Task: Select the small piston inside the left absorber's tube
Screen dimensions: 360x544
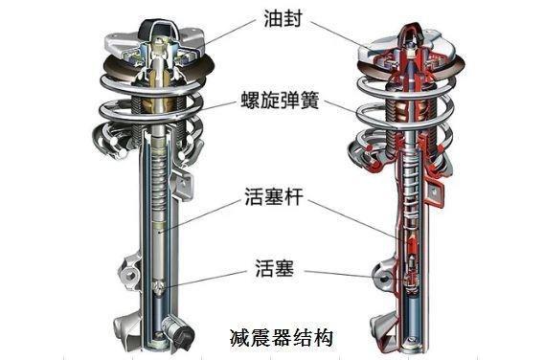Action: pyautogui.click(x=162, y=284)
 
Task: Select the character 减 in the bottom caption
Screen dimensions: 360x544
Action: pyautogui.click(x=239, y=337)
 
